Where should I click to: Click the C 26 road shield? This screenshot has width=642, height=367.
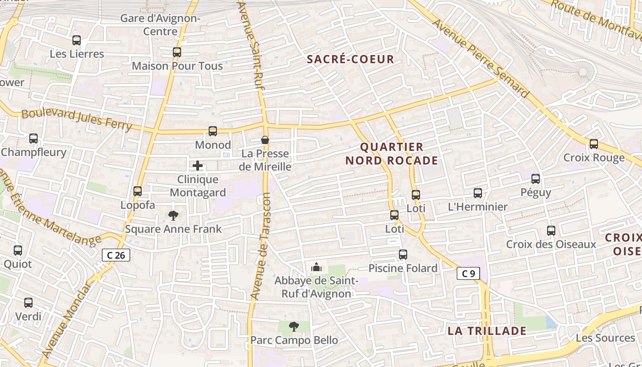click(116, 255)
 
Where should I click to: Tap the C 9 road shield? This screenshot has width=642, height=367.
click(468, 274)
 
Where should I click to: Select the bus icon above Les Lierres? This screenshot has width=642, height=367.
click(77, 40)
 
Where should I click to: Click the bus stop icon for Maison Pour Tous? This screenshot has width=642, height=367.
click(177, 52)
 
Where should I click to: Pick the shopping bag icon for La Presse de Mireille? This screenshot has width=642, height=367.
click(265, 140)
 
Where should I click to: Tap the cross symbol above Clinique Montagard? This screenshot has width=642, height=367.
click(198, 166)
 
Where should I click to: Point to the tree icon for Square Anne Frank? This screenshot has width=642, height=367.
click(173, 215)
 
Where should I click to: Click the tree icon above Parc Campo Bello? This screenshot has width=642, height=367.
click(294, 327)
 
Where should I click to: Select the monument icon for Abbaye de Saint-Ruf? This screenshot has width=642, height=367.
click(316, 267)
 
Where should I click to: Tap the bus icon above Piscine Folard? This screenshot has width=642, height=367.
click(403, 255)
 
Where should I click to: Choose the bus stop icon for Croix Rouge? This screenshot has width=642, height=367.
click(594, 144)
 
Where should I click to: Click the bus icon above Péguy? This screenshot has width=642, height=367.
click(536, 179)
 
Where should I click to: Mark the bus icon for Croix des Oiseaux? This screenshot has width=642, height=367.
click(551, 231)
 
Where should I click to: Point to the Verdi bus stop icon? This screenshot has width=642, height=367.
click(28, 303)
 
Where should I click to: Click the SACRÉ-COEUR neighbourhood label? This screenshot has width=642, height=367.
click(350, 59)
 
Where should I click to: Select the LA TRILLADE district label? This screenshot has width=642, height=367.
click(487, 331)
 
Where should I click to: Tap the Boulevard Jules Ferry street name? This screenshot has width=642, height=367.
click(77, 119)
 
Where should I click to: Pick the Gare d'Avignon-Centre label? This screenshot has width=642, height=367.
click(160, 25)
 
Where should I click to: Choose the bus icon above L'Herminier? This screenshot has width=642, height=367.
click(478, 193)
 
